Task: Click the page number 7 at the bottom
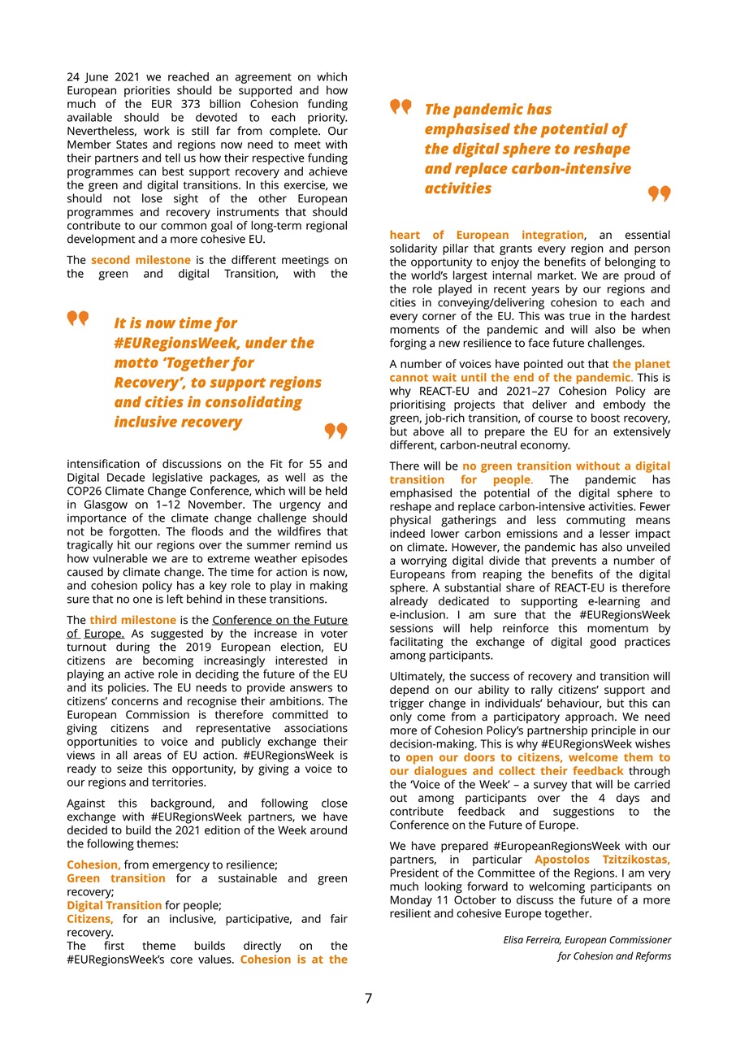coord(368,999)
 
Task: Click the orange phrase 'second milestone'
coord(141,260)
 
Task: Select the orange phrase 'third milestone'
coord(132,620)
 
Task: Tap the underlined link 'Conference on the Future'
coord(279,620)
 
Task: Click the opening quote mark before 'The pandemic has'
coord(400,107)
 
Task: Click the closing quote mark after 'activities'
coord(659,193)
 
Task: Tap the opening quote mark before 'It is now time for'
coord(78,318)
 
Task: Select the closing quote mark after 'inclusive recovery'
coord(336,431)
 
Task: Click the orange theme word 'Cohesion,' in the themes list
coord(93,864)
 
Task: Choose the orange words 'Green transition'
coord(115,878)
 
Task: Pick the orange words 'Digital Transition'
coord(114,905)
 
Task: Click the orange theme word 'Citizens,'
coord(93,918)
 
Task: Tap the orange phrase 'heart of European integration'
coord(487,235)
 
